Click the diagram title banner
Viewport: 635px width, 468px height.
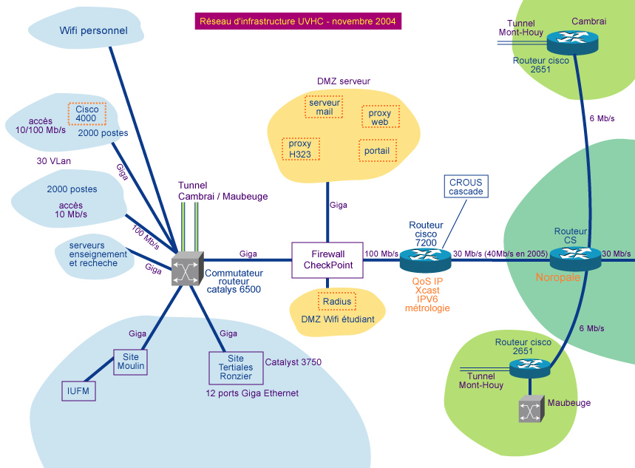coord(297,21)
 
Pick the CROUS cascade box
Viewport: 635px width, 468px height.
coord(466,186)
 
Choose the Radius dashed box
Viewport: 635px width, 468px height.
coord(337,302)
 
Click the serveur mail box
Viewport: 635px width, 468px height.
coord(325,107)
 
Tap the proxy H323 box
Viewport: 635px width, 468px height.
coord(300,149)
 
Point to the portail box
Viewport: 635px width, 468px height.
coord(377,151)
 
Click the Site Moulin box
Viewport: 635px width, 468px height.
coord(130,362)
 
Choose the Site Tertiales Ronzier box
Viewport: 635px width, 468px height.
coord(235,367)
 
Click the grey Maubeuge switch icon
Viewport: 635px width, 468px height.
coord(530,409)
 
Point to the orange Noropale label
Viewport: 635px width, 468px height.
coord(559,279)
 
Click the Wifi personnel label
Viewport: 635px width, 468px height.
coord(94,31)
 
